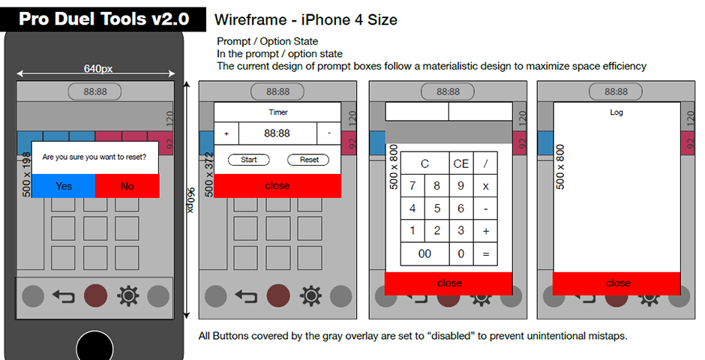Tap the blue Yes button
pos(64,186)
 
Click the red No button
pos(127,186)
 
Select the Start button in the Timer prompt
pos(249,160)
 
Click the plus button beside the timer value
pos(226,133)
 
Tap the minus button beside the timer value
pos(329,133)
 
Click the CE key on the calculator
pos(460,163)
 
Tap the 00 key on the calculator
pos(425,254)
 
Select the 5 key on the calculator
pos(436,208)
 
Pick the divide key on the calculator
pos(485,163)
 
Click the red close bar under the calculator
pos(448,283)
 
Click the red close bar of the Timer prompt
pos(277,185)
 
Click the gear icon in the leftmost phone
pos(128,296)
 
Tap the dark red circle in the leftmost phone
pos(96,296)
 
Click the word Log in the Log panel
pos(616,112)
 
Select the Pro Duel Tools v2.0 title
pos(103,19)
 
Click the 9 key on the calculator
pos(460,186)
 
